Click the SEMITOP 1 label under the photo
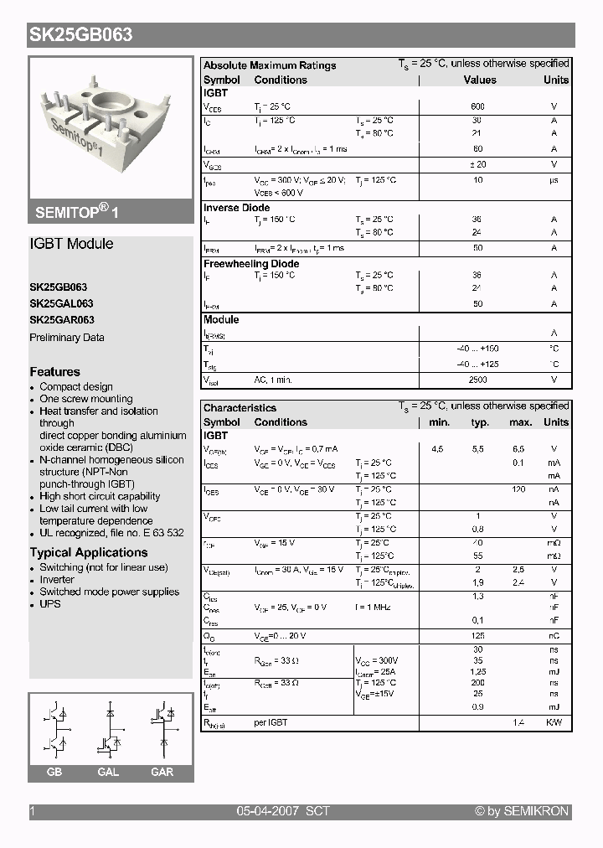click(x=77, y=213)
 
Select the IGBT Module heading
click(x=71, y=244)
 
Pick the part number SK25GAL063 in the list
click(x=61, y=303)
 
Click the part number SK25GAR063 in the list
click(x=62, y=320)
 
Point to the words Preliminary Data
click(x=67, y=338)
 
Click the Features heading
click(x=55, y=372)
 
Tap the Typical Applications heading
click(x=89, y=553)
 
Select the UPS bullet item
click(x=50, y=604)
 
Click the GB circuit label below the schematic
click(x=54, y=772)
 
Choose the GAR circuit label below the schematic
click(x=162, y=772)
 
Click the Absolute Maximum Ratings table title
click(x=270, y=65)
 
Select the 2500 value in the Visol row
click(x=477, y=380)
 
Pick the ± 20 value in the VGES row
click(x=477, y=165)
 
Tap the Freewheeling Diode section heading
click(x=251, y=264)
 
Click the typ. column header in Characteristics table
click(x=480, y=422)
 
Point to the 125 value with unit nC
click(x=478, y=636)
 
